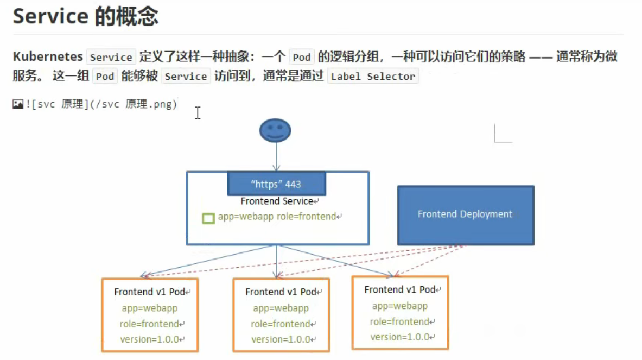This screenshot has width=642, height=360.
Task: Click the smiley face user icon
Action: [x=275, y=131]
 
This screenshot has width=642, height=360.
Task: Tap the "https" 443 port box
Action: [x=276, y=184]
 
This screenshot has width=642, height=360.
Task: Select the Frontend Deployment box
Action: [x=465, y=214]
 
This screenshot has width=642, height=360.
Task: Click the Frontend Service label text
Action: [x=277, y=201]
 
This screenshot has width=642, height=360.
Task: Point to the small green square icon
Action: [x=208, y=218]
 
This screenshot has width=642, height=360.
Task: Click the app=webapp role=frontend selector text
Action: [x=277, y=217]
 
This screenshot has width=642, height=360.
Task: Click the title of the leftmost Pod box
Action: [x=150, y=292]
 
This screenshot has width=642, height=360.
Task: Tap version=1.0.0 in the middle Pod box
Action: [x=281, y=339]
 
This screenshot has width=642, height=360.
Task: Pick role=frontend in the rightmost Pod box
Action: [x=399, y=321]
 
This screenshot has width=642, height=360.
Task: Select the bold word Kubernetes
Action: [x=48, y=56]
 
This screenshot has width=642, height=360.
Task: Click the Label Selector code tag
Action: [x=373, y=77]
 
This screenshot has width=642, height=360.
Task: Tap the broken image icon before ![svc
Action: [x=18, y=104]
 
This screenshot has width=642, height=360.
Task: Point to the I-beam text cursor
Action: [x=198, y=112]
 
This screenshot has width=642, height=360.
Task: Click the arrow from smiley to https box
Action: [x=276, y=157]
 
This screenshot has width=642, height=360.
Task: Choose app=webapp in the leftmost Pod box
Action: [x=149, y=308]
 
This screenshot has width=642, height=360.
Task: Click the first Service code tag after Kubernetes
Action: [x=111, y=57]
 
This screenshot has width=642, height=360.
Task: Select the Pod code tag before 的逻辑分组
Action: [x=301, y=57]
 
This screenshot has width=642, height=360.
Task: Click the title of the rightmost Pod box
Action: [x=400, y=289]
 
